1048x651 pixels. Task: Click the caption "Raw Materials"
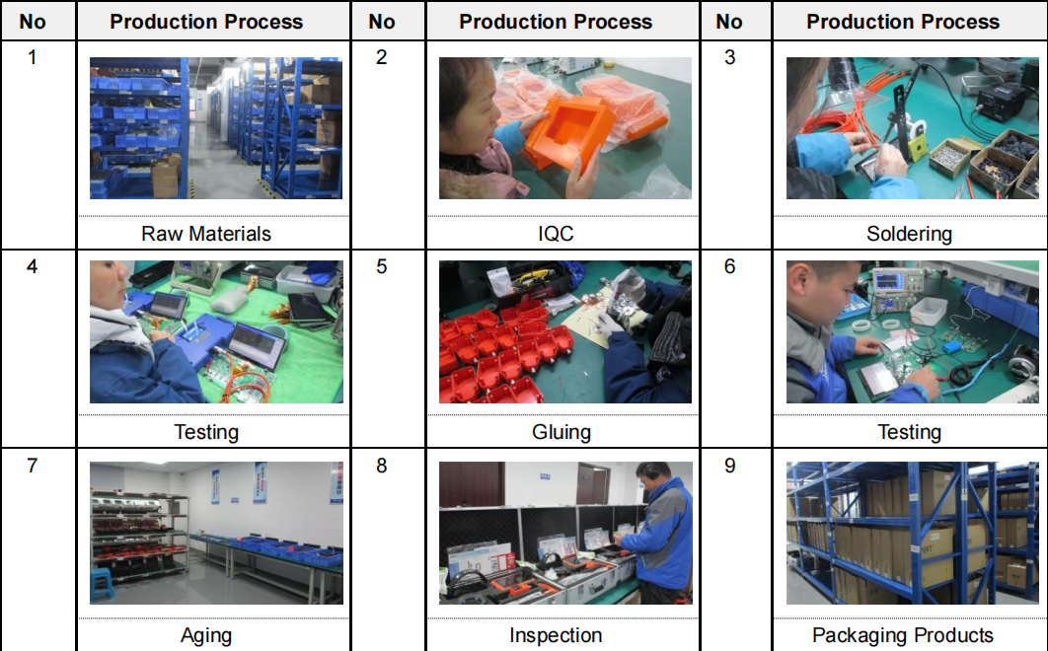206,234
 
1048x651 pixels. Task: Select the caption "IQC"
556,234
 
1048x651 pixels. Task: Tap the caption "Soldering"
909,234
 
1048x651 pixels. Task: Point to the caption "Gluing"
561,432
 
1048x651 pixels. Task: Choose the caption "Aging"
206,635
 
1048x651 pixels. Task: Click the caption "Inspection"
556,635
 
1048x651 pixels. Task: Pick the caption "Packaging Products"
902,635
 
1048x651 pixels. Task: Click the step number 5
382,266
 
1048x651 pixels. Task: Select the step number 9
730,466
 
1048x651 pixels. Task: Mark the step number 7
33,466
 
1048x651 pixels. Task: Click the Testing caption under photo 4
206,432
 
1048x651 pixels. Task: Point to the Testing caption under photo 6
909,432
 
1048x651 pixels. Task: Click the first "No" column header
33,22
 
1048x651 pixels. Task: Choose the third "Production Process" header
903,22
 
